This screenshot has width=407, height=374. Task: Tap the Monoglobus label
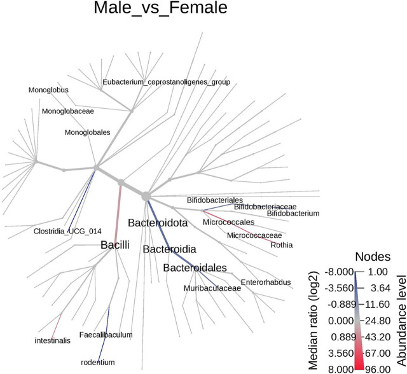48,90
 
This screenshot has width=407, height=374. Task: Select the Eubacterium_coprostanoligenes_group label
166,82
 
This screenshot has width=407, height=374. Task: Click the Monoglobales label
87,132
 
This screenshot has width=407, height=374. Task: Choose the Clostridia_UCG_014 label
66,231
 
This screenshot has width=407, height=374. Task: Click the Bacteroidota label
157,223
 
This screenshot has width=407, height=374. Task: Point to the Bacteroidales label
195,268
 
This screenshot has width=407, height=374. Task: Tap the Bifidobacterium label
293,214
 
